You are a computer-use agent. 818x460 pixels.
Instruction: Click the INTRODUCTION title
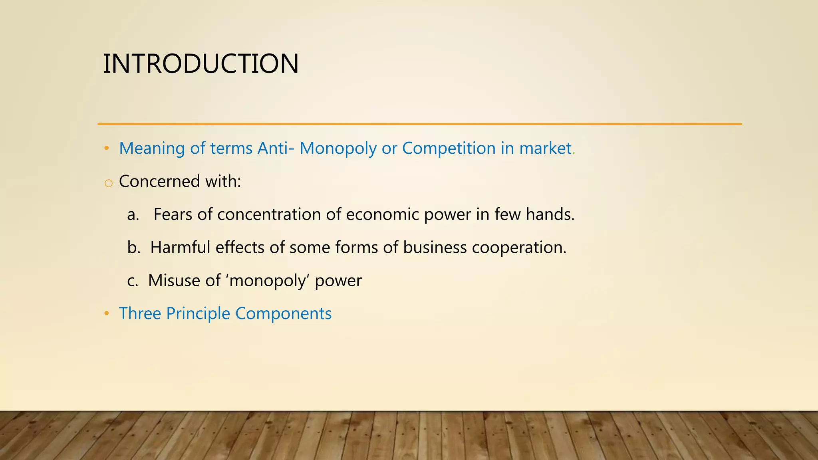pos(201,64)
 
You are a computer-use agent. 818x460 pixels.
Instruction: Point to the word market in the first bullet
pos(545,149)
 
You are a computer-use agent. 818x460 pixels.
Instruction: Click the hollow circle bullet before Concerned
pos(108,183)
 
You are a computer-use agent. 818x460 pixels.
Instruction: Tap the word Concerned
pos(159,182)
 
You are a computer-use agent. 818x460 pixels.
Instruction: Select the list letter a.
pos(133,215)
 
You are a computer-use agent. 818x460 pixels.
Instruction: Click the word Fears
pos(173,214)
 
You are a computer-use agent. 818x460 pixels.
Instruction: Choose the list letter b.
pos(133,248)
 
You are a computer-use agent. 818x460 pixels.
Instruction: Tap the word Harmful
pos(180,248)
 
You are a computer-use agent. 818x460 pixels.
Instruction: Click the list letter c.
pos(133,281)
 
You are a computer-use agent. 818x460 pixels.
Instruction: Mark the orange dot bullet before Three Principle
pos(106,313)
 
